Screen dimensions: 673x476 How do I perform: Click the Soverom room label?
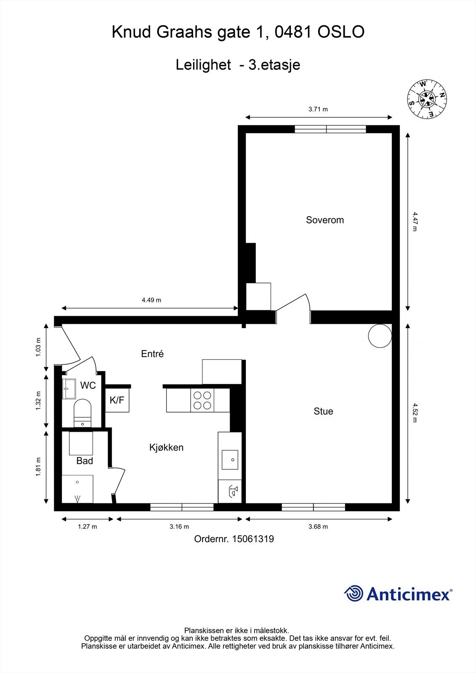click(324, 220)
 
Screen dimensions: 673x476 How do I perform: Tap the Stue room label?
click(323, 411)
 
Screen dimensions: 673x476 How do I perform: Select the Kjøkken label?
click(166, 448)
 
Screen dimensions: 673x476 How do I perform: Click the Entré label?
click(152, 354)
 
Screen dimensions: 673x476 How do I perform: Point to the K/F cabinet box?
click(117, 400)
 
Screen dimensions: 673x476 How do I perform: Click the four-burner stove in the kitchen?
click(202, 400)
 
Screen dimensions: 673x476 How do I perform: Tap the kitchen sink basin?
click(230, 459)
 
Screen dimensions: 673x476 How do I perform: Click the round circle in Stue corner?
click(380, 336)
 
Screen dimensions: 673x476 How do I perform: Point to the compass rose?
click(427, 99)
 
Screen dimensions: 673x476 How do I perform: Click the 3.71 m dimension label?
click(318, 109)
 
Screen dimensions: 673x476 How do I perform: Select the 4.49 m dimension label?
click(151, 300)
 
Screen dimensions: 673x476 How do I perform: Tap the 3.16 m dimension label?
click(179, 527)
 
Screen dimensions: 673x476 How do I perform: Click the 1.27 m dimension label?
click(87, 527)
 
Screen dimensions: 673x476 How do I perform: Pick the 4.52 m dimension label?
click(415, 412)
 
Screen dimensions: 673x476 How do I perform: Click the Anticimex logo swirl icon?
click(354, 594)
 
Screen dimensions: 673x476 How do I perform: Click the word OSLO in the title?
click(341, 32)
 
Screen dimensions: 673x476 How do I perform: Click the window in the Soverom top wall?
click(330, 129)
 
